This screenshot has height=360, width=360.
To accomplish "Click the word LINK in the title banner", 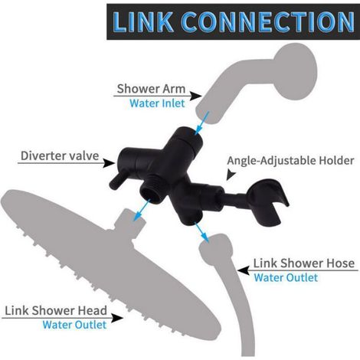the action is click(x=142, y=21).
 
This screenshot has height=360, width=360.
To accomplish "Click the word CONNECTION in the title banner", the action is click(x=268, y=21).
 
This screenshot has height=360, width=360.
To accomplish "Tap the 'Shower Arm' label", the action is click(x=151, y=89).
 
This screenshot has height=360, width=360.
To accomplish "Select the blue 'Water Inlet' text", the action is click(x=157, y=103).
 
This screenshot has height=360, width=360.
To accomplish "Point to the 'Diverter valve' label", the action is click(x=60, y=155).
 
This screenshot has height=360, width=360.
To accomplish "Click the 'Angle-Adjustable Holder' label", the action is click(x=290, y=161).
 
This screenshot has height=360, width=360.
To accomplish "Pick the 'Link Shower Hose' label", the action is click(x=304, y=263).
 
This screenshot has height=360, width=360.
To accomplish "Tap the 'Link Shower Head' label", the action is click(x=56, y=310).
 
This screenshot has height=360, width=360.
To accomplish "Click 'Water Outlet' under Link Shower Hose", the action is click(x=286, y=277).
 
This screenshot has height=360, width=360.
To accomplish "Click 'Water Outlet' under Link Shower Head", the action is click(x=74, y=325).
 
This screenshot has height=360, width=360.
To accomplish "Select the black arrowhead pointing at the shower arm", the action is click(x=196, y=96).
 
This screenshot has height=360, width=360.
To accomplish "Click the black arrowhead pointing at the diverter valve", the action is click(x=110, y=163).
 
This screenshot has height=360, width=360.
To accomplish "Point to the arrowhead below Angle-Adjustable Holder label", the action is click(x=231, y=175).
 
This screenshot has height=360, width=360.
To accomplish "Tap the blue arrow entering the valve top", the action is click(x=201, y=123).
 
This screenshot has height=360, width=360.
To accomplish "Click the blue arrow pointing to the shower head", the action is click(x=141, y=210).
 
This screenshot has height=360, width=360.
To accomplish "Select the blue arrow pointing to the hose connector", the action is click(x=201, y=233).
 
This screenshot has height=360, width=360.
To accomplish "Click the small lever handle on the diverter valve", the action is click(x=116, y=181).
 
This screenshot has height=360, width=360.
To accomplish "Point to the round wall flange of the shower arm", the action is click(x=296, y=71).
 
